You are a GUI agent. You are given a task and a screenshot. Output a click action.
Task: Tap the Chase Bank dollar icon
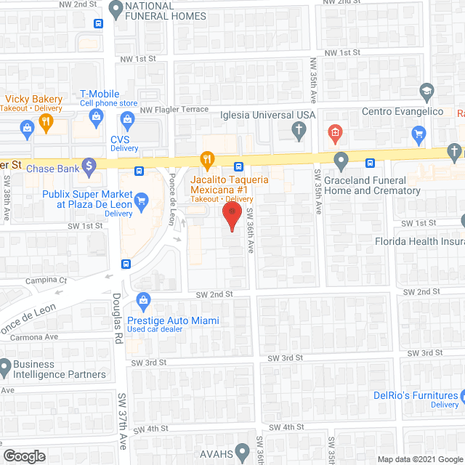pos(89,166)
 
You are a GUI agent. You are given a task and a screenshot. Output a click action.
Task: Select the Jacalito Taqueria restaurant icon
pos(208,159)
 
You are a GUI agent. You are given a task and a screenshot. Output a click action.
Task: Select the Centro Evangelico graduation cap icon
pos(426,91)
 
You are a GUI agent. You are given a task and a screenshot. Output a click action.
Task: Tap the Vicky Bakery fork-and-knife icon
pos(45,122)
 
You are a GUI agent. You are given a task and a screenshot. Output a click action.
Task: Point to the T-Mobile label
pos(100,94)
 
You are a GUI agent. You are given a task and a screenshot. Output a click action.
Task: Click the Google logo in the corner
pos(24,456)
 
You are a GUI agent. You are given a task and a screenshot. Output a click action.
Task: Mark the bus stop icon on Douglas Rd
pos(126,264)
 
